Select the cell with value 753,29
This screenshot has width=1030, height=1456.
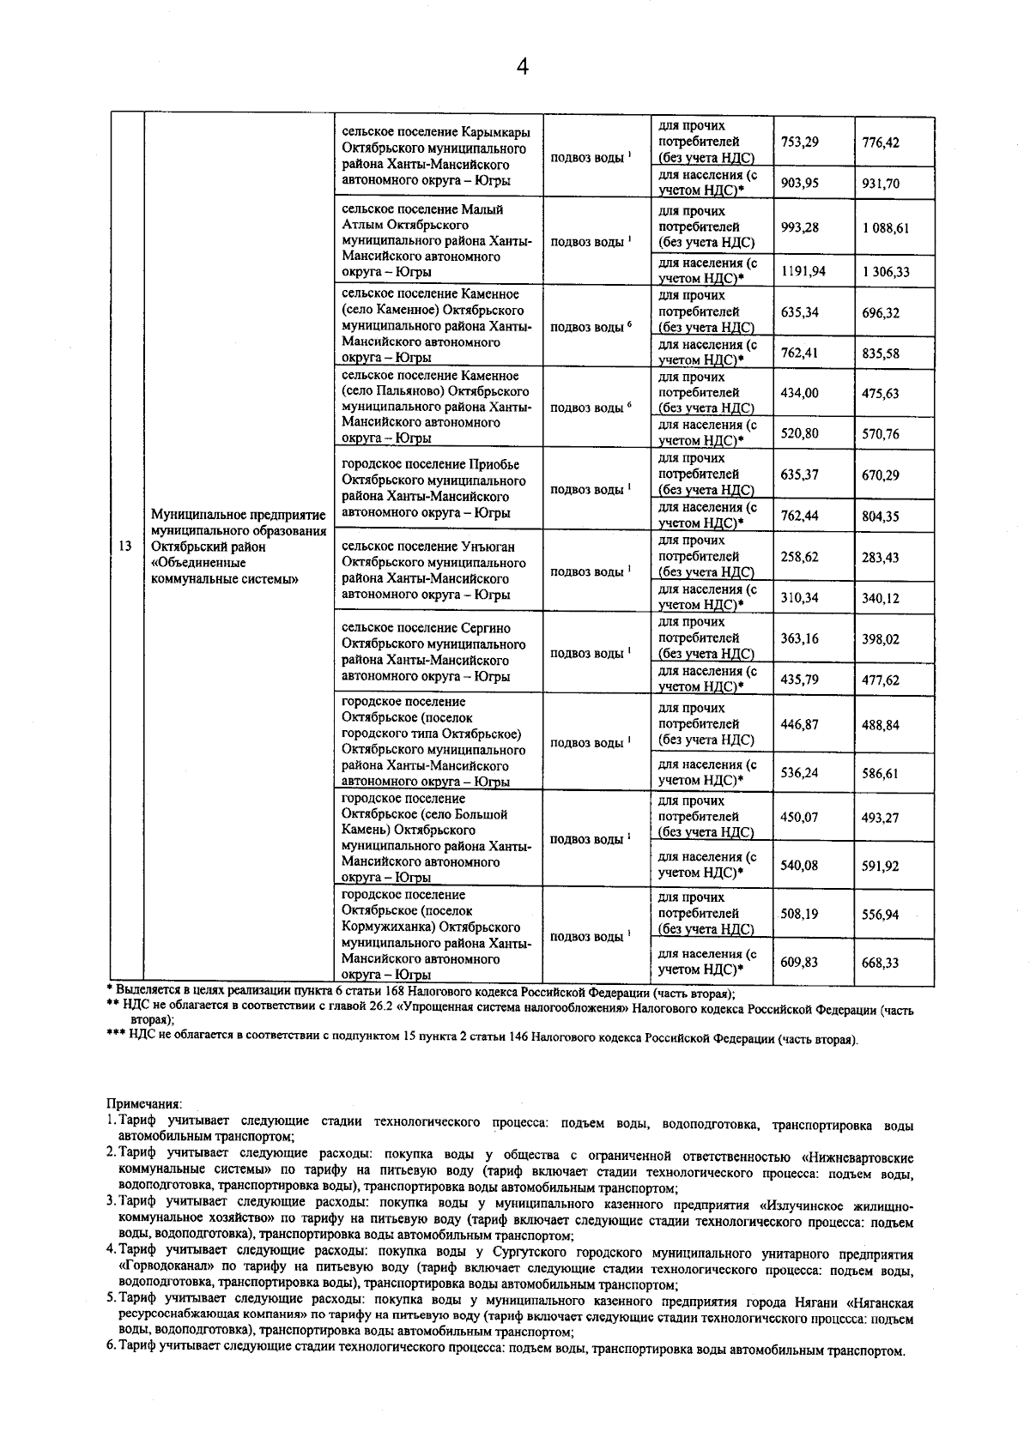click(799, 142)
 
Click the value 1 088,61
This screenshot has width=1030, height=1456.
click(885, 227)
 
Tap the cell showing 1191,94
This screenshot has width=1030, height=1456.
click(803, 271)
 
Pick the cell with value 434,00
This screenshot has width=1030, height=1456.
click(799, 393)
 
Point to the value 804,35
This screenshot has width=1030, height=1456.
click(881, 517)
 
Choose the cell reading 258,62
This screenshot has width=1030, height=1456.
click(799, 557)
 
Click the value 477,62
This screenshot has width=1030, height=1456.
click(881, 680)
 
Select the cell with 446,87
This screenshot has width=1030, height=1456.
click(799, 725)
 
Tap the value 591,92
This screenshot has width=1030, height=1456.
click(881, 867)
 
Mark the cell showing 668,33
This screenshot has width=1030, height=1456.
click(881, 964)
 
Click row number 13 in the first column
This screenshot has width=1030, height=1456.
click(125, 547)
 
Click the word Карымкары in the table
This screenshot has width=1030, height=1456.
click(495, 132)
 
